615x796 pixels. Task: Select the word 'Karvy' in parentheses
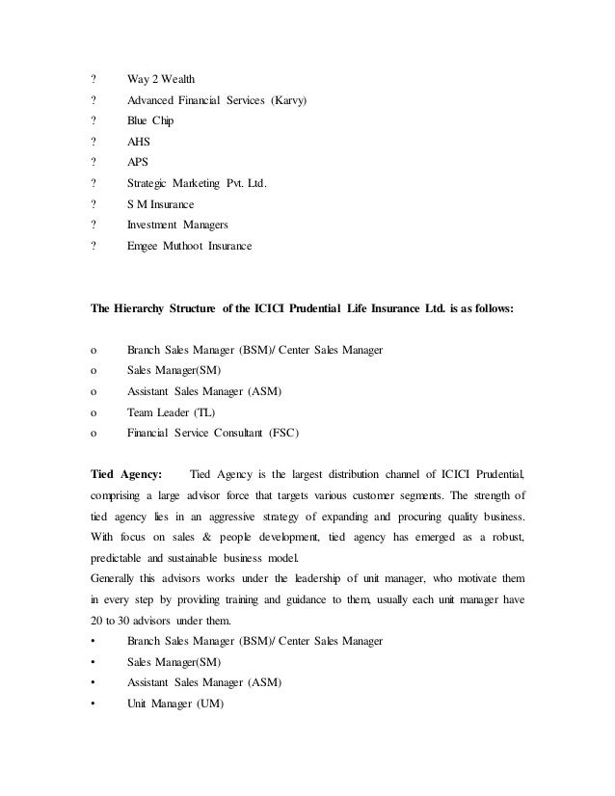pyautogui.click(x=286, y=100)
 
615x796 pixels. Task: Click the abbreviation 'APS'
pyautogui.click(x=138, y=163)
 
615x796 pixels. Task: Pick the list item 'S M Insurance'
pyautogui.click(x=160, y=205)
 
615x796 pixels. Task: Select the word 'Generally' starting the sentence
pyautogui.click(x=114, y=578)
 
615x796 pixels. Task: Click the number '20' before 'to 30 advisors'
pyautogui.click(x=95, y=620)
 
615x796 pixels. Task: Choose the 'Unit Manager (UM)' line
pyautogui.click(x=174, y=703)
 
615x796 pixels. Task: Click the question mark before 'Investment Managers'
pyautogui.click(x=93, y=226)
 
